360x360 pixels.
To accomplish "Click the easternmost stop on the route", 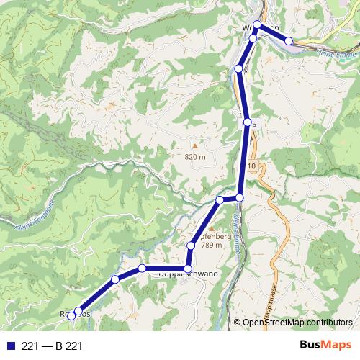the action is click(x=289, y=41).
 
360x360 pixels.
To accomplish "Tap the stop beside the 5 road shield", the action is click(x=248, y=123).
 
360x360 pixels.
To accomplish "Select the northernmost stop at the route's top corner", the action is click(x=257, y=24).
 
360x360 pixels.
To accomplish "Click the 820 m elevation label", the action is click(x=194, y=156).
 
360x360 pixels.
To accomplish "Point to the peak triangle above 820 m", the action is click(x=193, y=145).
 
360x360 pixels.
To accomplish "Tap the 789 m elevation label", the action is click(x=212, y=246).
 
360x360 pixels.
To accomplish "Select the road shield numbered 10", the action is click(x=251, y=167).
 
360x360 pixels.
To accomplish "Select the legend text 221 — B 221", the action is click(x=52, y=346).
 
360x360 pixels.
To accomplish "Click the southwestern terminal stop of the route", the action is click(x=71, y=316).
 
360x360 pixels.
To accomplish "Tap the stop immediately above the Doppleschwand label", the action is click(x=188, y=268).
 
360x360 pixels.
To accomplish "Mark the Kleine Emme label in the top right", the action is click(x=337, y=55).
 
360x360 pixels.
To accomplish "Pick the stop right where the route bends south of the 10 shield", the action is click(x=240, y=197).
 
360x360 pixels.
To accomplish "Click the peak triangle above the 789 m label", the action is click(x=192, y=228).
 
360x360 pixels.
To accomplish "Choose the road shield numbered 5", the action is click(x=254, y=125).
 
